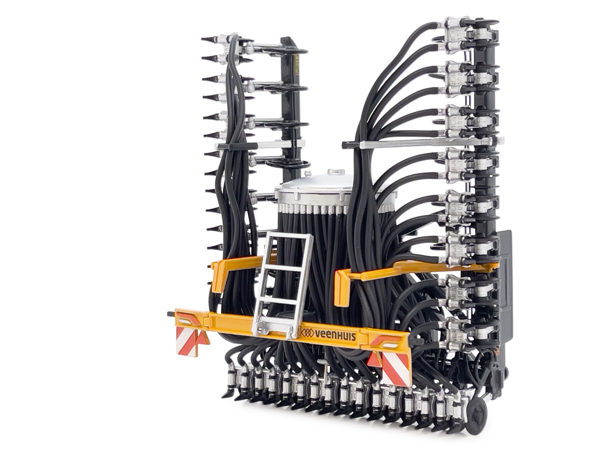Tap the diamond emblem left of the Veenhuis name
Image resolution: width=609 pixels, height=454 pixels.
(x=309, y=333)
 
